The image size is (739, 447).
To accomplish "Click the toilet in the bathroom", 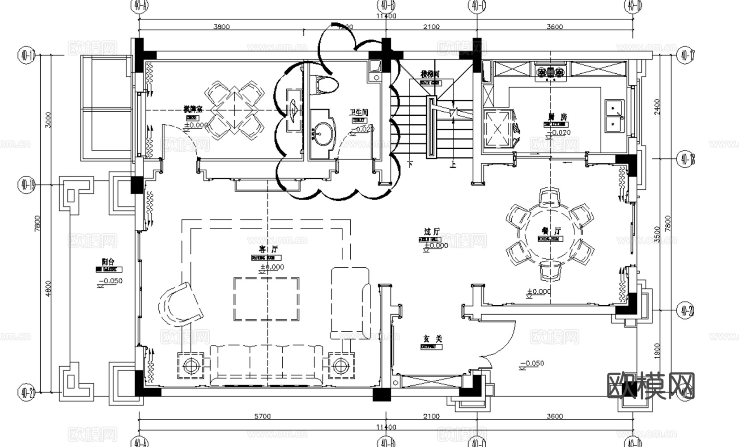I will pos(324,84).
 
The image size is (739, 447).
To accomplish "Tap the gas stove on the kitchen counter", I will pos(551,72).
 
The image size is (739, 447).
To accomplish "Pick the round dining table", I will pos(550,236).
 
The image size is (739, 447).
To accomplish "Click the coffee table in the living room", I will pos(266,299).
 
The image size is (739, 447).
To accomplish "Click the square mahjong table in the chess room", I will pos(234,110).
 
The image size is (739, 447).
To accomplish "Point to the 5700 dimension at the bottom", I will pos(262,416).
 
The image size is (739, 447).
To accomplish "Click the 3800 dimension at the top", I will pos(221,27).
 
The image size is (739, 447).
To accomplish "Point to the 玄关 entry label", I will pos(432,339).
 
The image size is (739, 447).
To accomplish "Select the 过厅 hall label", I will pos(432,231).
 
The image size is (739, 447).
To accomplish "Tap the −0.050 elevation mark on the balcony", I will pos(110,281).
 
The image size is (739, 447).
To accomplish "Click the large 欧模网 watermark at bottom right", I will pos(651,385).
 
